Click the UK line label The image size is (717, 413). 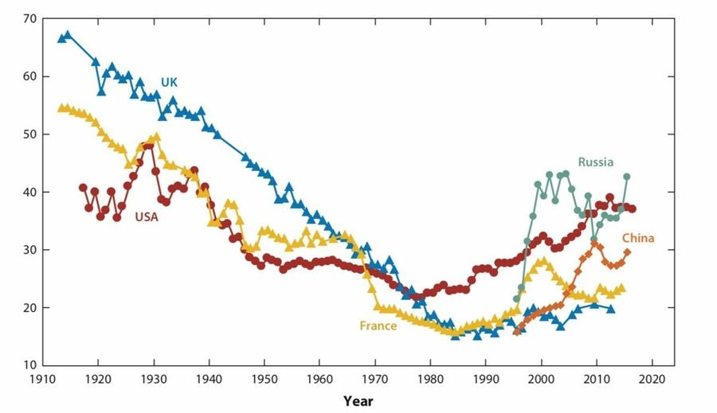(169, 82)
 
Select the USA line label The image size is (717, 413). (147, 216)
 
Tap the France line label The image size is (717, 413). (378, 325)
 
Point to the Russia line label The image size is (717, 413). (596, 162)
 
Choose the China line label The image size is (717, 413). (638, 238)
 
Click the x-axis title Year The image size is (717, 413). (358, 401)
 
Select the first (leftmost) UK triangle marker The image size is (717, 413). (61, 38)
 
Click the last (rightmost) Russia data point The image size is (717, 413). (627, 177)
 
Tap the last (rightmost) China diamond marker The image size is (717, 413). (627, 252)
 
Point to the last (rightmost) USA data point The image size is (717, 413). (633, 209)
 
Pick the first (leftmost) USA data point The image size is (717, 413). (83, 188)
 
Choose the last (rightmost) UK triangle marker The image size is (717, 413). (610, 309)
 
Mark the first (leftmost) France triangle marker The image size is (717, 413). (61, 107)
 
